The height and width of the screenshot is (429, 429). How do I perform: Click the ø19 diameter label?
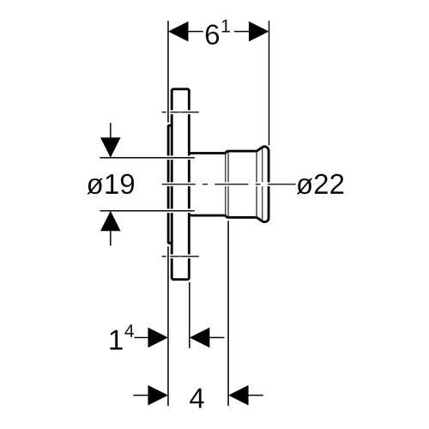click(x=111, y=184)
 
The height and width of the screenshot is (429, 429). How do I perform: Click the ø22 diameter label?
click(x=320, y=184)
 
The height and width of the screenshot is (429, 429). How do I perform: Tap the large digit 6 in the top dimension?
click(x=212, y=35)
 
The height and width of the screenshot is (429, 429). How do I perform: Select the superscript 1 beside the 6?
click(x=226, y=27)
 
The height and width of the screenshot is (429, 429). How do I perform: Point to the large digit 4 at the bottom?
click(x=197, y=398)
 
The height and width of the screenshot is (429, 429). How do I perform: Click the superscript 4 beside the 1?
click(x=130, y=332)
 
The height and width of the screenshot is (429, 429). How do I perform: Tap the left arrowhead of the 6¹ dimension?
click(x=178, y=31)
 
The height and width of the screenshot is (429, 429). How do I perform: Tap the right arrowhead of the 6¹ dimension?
click(x=259, y=31)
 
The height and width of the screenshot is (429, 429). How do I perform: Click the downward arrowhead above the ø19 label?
click(x=111, y=148)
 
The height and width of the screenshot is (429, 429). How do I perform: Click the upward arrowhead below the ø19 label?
click(x=111, y=221)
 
